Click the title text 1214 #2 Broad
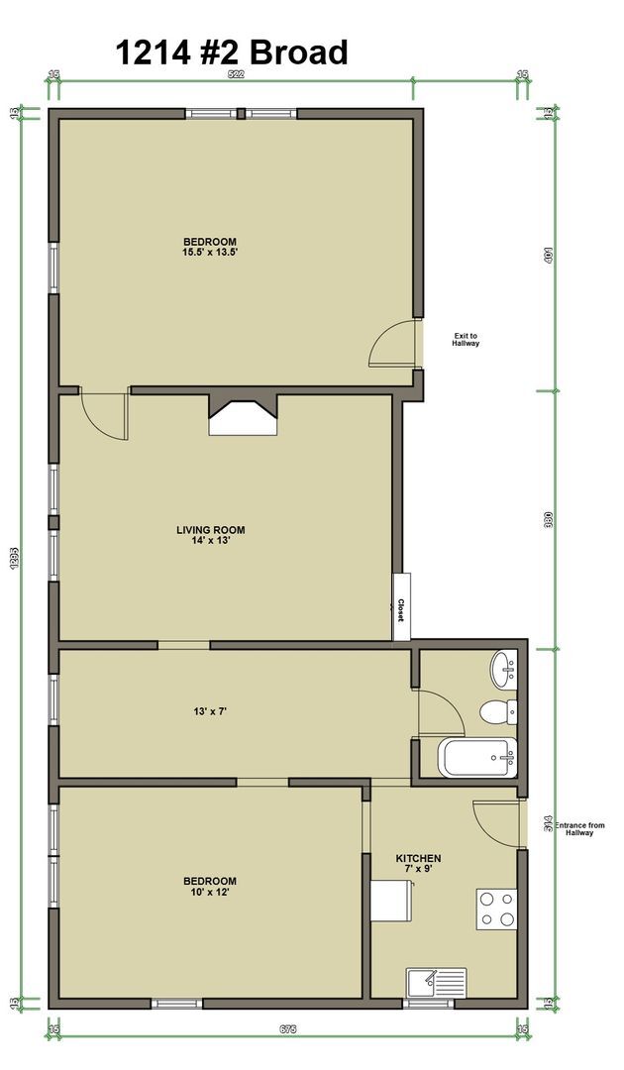coord(232,51)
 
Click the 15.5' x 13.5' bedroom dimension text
coord(210,253)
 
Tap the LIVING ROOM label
coord(210,529)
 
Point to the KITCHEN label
coord(418,858)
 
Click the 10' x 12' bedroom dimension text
coord(209,892)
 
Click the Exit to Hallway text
coord(466,340)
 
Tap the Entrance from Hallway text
coord(579,829)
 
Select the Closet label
coord(401,609)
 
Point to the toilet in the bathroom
coord(495,711)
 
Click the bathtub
coord(476,759)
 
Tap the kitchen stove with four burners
coord(497,909)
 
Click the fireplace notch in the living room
coord(243,416)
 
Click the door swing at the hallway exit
coord(394,344)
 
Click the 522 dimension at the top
coord(237,74)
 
